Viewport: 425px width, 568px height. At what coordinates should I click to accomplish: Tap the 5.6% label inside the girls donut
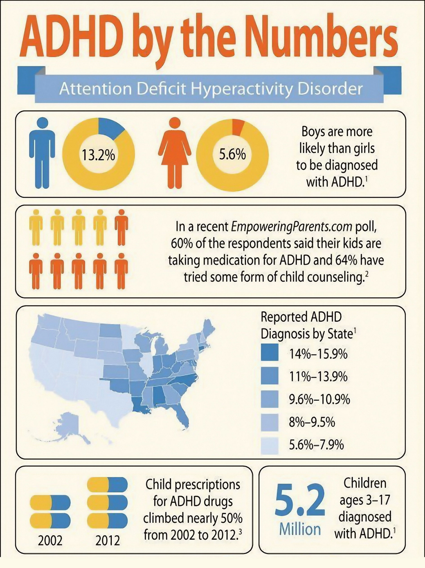(x=232, y=155)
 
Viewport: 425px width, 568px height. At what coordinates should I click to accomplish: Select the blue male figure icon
(x=42, y=153)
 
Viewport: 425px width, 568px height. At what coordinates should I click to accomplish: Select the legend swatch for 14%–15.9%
(x=269, y=352)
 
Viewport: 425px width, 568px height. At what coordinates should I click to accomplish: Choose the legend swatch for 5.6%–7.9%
(x=269, y=446)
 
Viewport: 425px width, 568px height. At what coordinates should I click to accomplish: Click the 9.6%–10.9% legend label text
(x=319, y=399)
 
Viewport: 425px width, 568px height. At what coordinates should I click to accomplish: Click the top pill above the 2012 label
(x=107, y=484)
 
